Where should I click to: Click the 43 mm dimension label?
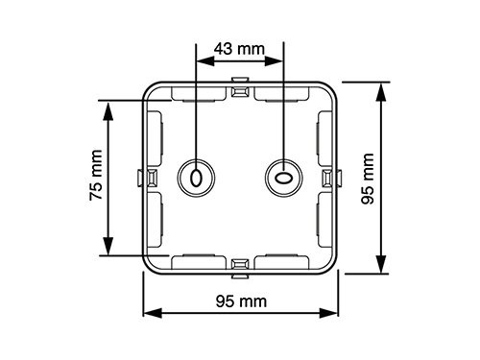239,49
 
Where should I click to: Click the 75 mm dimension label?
96,175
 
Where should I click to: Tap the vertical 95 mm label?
368,179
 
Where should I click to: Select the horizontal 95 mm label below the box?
241,301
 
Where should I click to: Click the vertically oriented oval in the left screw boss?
196,178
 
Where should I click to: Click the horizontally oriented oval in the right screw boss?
283,178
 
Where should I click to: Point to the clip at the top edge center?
240,87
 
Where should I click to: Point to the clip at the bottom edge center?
240,268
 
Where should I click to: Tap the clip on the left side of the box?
147,178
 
